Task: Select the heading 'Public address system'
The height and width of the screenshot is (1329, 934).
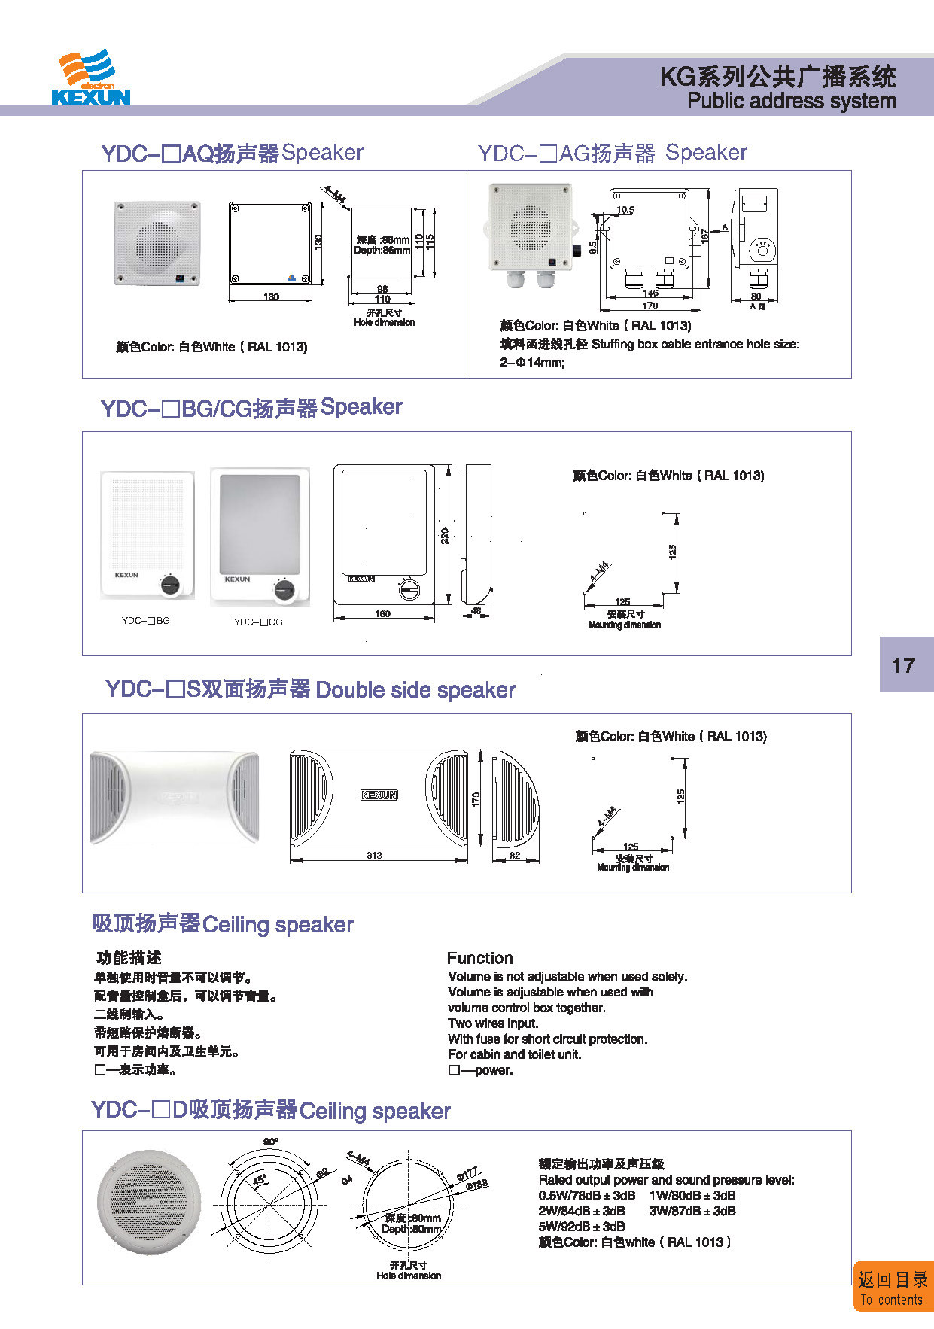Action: click(791, 101)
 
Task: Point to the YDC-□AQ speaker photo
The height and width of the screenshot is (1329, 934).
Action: click(158, 243)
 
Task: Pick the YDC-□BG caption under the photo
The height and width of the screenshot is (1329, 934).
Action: click(146, 621)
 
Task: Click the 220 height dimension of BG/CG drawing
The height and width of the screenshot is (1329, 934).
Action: click(445, 535)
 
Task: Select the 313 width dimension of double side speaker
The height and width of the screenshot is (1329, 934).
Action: click(374, 855)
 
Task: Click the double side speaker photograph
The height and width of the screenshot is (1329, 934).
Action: click(174, 796)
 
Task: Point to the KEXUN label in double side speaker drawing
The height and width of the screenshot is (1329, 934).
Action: click(379, 795)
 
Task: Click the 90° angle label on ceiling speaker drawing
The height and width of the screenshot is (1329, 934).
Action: click(270, 1142)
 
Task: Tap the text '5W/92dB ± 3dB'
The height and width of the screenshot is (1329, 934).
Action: click(582, 1226)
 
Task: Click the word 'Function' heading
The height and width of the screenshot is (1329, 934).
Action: click(479, 958)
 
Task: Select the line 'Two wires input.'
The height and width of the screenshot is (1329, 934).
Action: click(493, 1023)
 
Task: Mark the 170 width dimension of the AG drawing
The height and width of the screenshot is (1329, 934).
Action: click(650, 306)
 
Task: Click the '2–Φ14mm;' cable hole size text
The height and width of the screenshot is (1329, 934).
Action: click(532, 363)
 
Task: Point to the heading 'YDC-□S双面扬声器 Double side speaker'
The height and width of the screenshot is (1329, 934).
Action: click(310, 689)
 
